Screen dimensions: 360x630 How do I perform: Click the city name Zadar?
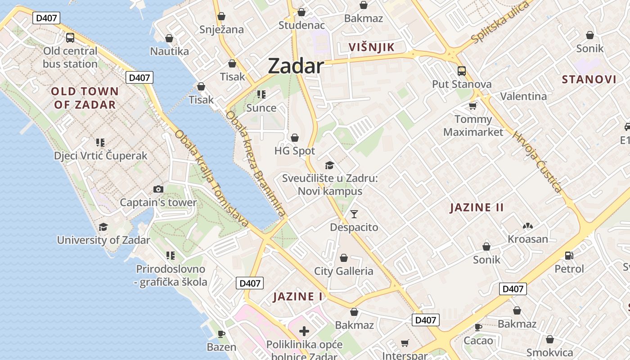point(296,66)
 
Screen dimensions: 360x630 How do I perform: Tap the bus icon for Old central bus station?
point(70,38)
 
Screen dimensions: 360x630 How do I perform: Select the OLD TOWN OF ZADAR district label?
point(85,98)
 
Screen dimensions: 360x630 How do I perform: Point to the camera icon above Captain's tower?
point(158,189)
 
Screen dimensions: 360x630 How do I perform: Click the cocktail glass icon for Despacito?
point(354,214)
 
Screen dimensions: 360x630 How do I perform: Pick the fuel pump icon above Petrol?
point(569,255)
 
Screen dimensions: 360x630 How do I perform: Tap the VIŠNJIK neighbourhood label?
point(372,47)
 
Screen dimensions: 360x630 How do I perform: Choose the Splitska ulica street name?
point(499,22)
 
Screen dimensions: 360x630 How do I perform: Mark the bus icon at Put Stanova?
point(462,71)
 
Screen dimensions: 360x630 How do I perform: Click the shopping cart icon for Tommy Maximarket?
point(472,106)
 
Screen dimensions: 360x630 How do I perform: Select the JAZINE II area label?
point(477,207)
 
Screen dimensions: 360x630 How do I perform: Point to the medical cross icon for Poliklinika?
point(304,332)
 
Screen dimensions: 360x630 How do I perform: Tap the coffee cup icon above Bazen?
point(221,333)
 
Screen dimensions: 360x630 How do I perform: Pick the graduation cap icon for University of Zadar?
point(103,226)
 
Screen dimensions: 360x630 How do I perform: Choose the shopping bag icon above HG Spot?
point(295,137)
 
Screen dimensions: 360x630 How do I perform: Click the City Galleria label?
point(344,271)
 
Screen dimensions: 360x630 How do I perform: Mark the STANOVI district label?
point(589,80)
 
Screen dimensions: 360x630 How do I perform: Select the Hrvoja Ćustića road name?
point(538,162)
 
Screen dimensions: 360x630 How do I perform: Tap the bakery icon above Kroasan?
point(528,225)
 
